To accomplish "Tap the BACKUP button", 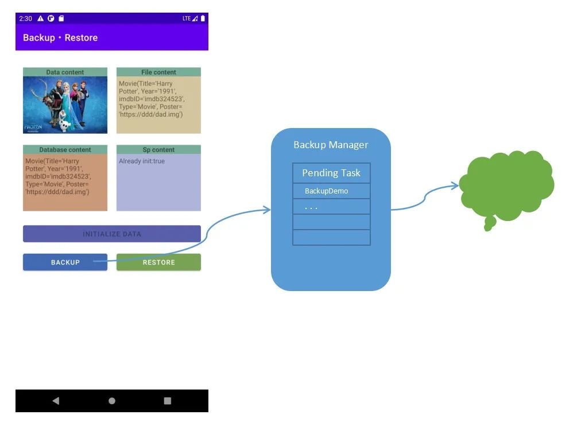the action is [65, 262].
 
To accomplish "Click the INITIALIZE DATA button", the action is [112, 234].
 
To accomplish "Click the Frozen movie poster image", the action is [65, 104].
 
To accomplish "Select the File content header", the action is [158, 72].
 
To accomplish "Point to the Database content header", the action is [65, 150].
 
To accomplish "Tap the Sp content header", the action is [158, 150].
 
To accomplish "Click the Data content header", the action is [65, 72].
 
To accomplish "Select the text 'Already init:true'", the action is [142, 161].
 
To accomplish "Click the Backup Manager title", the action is [331, 145].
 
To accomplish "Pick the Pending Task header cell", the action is [331, 173].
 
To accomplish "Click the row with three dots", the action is [331, 207].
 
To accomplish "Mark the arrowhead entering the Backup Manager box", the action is [267, 211].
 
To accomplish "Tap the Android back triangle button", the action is [55, 401].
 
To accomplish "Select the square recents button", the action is [168, 401].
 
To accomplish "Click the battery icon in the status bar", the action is [203, 18].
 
